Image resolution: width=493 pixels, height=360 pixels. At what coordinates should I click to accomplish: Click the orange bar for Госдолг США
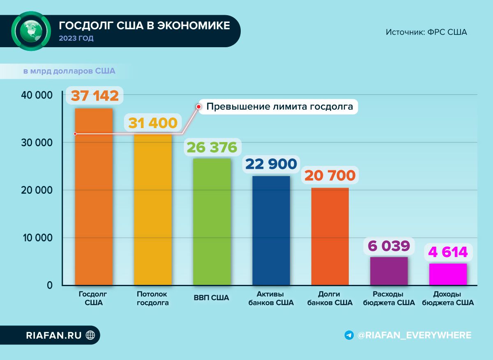pyautogui.click(x=93, y=197)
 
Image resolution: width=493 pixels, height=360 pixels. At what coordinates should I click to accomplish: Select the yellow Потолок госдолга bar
pyautogui.click(x=152, y=209)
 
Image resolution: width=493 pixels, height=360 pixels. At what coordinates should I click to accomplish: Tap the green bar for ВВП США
pyautogui.click(x=212, y=222)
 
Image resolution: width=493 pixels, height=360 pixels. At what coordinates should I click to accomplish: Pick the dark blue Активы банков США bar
pyautogui.click(x=271, y=230)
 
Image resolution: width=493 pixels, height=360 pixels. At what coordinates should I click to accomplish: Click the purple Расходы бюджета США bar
pyautogui.click(x=389, y=271)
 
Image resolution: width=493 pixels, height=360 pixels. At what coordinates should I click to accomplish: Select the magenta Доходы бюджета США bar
pyautogui.click(x=448, y=274)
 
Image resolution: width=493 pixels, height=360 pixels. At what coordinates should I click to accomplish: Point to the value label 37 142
pyautogui.click(x=94, y=96)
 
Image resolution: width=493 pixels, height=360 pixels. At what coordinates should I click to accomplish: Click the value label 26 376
pyautogui.click(x=212, y=147)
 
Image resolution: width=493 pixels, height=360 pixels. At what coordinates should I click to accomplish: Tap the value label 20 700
pyautogui.click(x=330, y=175)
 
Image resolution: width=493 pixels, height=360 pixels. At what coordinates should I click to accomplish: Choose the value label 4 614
pyautogui.click(x=448, y=252)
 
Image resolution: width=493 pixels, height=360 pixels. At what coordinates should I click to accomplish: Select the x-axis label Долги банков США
pyautogui.click(x=330, y=298)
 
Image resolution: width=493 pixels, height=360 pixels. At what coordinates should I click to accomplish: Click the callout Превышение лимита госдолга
pyautogui.click(x=279, y=107)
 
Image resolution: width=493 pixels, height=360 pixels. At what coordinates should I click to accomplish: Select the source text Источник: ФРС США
pyautogui.click(x=426, y=32)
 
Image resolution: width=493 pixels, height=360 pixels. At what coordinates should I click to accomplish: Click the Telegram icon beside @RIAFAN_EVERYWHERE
pyautogui.click(x=349, y=335)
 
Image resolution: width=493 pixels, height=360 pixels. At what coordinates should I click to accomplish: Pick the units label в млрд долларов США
pyautogui.click(x=69, y=71)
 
